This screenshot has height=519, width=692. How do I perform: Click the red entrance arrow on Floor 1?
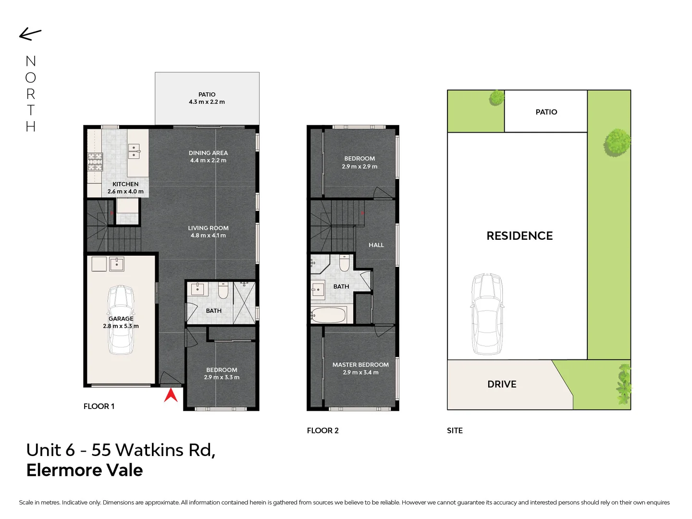click(x=171, y=395)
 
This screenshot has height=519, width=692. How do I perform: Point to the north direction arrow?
click(x=30, y=34)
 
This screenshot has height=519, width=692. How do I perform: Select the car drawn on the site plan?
click(x=487, y=314)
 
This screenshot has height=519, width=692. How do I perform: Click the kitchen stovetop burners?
click(x=95, y=161)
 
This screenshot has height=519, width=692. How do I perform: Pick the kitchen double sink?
click(x=134, y=151)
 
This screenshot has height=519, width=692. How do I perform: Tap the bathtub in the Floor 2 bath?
click(x=328, y=315)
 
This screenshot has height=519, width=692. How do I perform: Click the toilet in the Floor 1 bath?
click(x=223, y=290)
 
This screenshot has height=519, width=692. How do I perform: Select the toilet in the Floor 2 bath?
click(x=344, y=263)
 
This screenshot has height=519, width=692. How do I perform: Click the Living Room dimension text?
click(x=208, y=235)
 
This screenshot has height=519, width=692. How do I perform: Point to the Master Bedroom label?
click(x=360, y=365)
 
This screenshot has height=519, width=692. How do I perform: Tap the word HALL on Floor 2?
click(x=376, y=245)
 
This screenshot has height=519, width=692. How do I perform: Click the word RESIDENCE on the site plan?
click(x=519, y=236)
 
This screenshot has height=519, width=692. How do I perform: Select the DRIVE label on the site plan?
click(x=502, y=384)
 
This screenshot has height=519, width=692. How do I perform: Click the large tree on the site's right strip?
click(x=617, y=142)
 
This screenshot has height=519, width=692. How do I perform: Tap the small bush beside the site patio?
click(x=496, y=98)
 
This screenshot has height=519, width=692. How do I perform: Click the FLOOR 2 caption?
click(x=322, y=431)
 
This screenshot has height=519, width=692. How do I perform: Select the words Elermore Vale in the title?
click(x=85, y=470)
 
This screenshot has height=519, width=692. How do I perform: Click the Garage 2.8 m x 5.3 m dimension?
click(x=121, y=326)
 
